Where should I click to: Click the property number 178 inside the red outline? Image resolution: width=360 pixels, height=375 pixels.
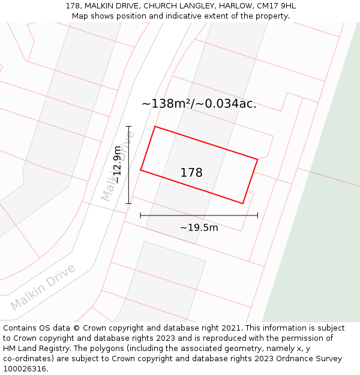click(191, 173)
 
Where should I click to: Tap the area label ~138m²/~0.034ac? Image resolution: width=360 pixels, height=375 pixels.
click(199, 103)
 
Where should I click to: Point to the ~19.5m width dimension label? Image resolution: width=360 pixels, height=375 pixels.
click(199, 227)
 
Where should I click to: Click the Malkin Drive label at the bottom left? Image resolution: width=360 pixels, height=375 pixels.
click(43, 287)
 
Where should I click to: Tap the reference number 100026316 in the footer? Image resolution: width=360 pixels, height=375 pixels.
click(25, 369)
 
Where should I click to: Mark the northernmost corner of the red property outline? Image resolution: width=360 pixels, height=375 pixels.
click(155, 127)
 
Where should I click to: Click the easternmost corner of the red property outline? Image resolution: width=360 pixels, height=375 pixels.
click(257, 159)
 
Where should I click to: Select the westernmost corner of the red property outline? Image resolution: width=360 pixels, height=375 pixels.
click(140, 170)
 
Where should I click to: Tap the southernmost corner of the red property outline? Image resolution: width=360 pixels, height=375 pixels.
click(242, 203)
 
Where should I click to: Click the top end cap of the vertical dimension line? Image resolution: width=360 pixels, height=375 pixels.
click(128, 127)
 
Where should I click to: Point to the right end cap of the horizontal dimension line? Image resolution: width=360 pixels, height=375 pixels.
click(257, 215)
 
